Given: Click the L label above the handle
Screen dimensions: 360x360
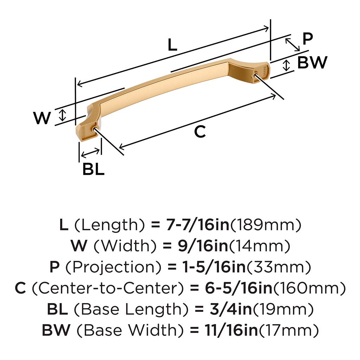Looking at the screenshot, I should [172, 45].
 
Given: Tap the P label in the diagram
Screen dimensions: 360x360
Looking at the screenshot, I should [308, 39].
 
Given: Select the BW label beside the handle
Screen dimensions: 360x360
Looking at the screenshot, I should [312, 63].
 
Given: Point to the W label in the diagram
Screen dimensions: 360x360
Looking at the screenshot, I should [42, 118].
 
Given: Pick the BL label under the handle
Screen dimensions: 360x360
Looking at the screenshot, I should [93, 169].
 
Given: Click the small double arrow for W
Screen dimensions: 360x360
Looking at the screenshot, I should [62, 115].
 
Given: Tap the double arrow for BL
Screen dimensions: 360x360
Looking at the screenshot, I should [90, 153].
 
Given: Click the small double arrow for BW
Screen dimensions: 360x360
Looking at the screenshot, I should [287, 65].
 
